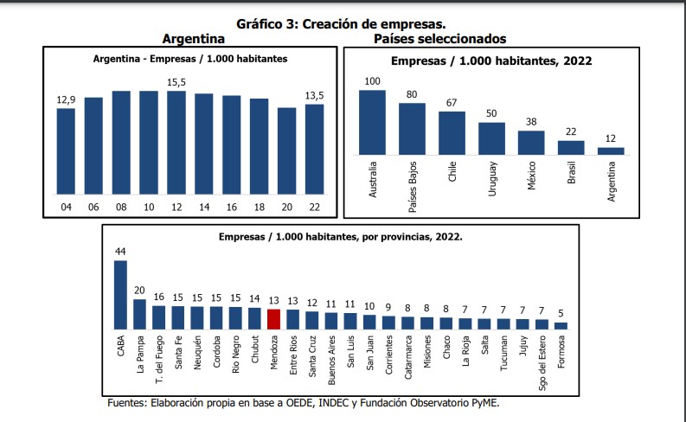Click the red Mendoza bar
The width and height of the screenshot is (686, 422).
click(274, 319)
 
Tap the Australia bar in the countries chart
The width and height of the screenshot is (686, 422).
click(372, 122)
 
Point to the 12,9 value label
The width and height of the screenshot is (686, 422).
click(66, 101)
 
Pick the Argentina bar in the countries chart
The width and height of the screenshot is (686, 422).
click(611, 150)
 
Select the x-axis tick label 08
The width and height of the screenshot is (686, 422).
click(121, 208)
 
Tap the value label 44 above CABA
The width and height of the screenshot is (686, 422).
click(121, 252)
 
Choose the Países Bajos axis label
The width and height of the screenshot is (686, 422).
click(413, 187)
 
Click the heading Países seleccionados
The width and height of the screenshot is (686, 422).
click(439, 39)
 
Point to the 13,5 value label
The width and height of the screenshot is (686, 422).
click(314, 96)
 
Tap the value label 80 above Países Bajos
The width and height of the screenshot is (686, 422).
click(412, 94)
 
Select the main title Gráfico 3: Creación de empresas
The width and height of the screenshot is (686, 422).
click(342, 24)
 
